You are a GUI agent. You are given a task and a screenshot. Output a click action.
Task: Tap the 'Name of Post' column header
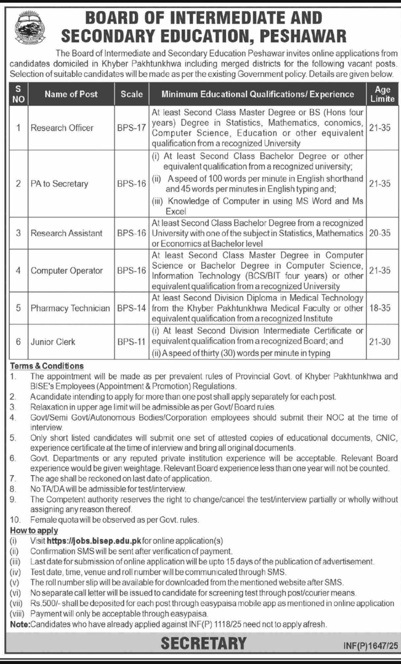pos(71,94)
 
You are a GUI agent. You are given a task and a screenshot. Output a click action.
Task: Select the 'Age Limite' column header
pos(382,94)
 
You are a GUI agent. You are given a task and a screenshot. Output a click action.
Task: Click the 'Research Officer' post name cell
pos(62,128)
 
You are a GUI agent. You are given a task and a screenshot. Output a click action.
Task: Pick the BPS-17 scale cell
pos(131,128)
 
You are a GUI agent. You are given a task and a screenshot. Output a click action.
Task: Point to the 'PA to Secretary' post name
pos(59,183)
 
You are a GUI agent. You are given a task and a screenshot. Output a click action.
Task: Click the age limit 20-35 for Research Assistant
pos(380,233)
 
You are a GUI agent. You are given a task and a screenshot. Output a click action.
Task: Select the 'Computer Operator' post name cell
pos(67,271)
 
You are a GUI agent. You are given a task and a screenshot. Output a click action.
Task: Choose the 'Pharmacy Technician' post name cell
pos(70,308)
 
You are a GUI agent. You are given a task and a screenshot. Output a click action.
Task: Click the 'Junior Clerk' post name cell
pos(53,342)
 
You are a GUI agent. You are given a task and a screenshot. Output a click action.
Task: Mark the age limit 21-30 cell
pos(380,342)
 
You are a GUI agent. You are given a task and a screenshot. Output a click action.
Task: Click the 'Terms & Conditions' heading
pos(47,366)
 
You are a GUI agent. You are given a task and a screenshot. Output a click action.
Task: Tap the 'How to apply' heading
pos(34,530)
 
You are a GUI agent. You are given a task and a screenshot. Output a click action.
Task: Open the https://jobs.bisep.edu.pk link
pos(94,541)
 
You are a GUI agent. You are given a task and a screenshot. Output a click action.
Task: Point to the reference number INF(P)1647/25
pos(370,646)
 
